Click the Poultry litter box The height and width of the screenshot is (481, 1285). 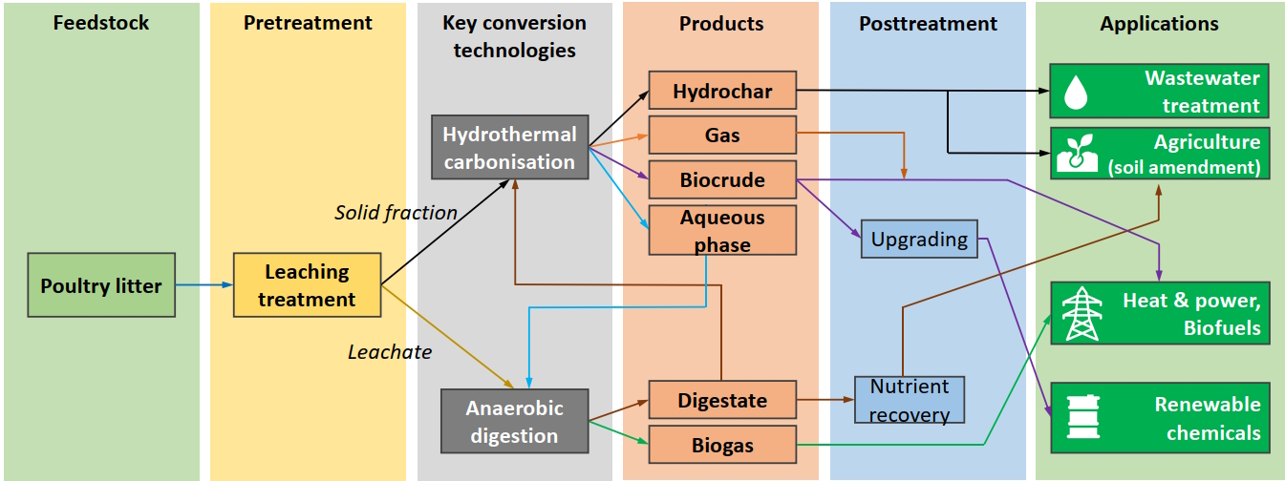[x=101, y=285]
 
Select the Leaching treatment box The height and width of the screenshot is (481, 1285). [x=307, y=285]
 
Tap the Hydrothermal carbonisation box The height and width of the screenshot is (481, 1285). [x=509, y=148]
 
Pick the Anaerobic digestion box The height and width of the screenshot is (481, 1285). [x=514, y=422]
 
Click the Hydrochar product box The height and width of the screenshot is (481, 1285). [x=722, y=92]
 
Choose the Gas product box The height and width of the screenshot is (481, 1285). [x=722, y=136]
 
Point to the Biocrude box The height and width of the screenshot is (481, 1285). [x=722, y=179]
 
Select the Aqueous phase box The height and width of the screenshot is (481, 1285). [x=722, y=230]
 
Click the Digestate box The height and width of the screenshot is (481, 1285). [x=722, y=400]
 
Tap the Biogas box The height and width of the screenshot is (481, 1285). [x=722, y=445]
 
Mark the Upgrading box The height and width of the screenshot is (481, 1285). [x=919, y=239]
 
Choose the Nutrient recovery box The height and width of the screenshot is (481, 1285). [x=910, y=400]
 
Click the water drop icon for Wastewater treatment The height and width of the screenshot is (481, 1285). [x=1077, y=92]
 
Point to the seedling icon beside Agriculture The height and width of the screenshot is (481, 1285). [x=1077, y=153]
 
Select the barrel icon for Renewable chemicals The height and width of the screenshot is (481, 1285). [x=1078, y=419]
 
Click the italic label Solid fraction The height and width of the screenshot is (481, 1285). [x=396, y=213]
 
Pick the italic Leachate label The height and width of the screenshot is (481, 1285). [x=389, y=352]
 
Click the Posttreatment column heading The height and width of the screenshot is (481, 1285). [x=928, y=24]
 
